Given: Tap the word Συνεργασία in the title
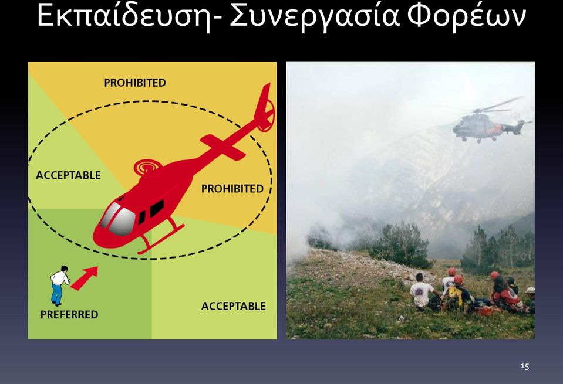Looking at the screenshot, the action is [x=315, y=17].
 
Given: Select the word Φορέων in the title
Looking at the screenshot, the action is [x=466, y=17].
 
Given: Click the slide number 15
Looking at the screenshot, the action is [x=525, y=366].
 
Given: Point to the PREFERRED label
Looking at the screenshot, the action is [x=69, y=314].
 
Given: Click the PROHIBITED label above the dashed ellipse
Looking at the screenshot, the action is [x=135, y=83].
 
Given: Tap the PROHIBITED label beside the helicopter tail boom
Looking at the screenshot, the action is [x=232, y=189].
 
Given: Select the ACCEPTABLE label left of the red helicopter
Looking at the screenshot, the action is [x=68, y=175].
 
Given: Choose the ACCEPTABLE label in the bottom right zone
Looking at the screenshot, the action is [x=234, y=306].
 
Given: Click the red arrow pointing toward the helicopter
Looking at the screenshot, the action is [x=85, y=277].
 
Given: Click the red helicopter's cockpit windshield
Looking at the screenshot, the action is [x=117, y=219].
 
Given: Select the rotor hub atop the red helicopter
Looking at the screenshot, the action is [x=147, y=167].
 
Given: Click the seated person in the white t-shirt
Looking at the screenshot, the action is [x=422, y=292].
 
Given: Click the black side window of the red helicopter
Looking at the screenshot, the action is [x=157, y=208].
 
